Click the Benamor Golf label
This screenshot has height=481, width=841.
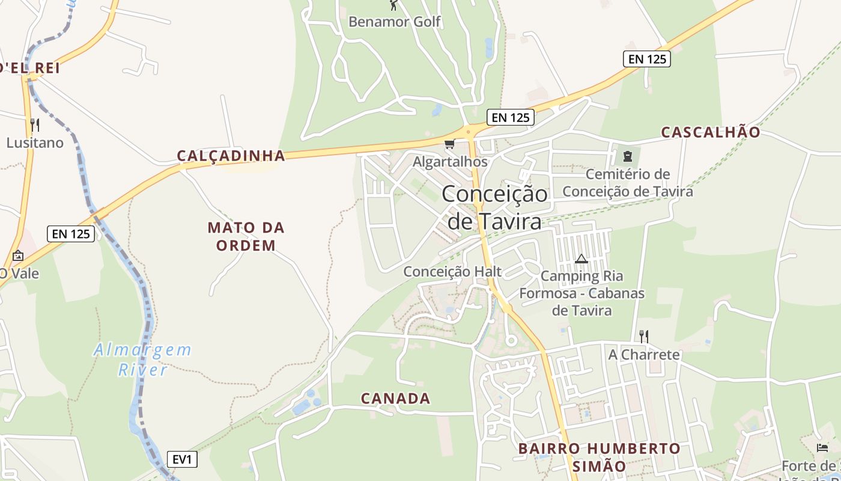(x=395, y=22)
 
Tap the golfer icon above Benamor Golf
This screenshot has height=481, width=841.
(x=394, y=5)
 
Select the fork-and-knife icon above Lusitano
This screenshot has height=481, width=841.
(x=35, y=125)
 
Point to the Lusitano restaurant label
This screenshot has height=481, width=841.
(x=35, y=143)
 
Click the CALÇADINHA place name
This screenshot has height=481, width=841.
(x=231, y=156)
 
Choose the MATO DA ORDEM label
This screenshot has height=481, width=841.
(x=246, y=236)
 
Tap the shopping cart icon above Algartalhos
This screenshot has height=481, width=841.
(x=449, y=144)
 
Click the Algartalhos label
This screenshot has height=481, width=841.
(x=450, y=162)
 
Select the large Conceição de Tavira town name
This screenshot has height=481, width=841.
(x=494, y=207)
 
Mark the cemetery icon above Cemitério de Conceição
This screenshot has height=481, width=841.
(x=628, y=157)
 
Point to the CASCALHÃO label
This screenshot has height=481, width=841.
(x=711, y=133)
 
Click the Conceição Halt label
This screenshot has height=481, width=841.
(x=452, y=271)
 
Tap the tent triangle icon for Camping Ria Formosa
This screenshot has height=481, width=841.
(x=581, y=259)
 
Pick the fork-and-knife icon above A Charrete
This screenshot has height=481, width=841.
(x=643, y=336)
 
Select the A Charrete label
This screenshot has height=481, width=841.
(x=644, y=354)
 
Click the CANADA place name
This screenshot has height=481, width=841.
(x=395, y=399)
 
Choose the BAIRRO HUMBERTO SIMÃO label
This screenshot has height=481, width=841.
(x=599, y=457)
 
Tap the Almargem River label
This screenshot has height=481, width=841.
(x=142, y=360)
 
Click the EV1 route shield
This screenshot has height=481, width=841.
(x=181, y=460)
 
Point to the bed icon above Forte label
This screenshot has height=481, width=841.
(x=822, y=448)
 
